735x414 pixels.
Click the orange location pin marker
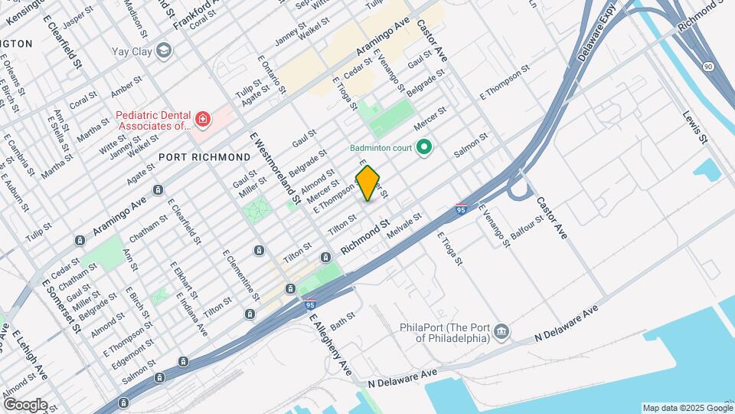(367, 183)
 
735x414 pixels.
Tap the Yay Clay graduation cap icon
(163, 51)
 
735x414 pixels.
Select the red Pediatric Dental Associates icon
(201, 119)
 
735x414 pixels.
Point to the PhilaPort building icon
(501, 331)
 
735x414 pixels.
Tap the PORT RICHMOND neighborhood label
(204, 156)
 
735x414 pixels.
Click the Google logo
(24, 405)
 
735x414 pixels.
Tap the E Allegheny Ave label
(331, 348)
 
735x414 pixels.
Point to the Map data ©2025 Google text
(686, 408)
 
